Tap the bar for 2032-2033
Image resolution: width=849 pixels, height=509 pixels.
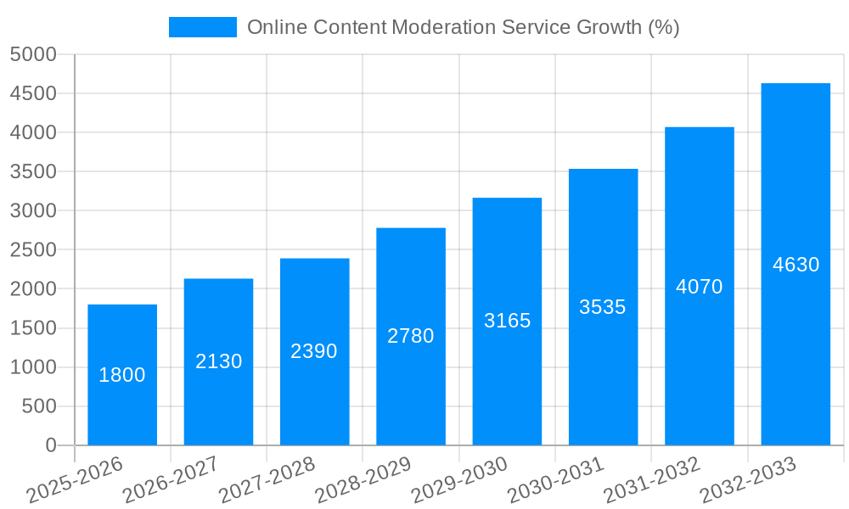(x=796, y=339)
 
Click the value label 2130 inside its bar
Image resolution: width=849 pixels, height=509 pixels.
(x=219, y=361)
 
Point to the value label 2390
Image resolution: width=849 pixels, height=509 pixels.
(x=314, y=351)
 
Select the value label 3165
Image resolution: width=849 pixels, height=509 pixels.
(x=507, y=321)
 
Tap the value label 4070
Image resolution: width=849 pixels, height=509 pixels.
(x=699, y=287)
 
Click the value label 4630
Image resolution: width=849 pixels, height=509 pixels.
(x=796, y=265)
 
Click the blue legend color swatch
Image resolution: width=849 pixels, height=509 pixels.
(x=203, y=27)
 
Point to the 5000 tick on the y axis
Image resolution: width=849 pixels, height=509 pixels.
(x=33, y=54)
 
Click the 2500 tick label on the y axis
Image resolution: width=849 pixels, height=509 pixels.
(x=33, y=250)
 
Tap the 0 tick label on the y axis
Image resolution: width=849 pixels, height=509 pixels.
(x=50, y=445)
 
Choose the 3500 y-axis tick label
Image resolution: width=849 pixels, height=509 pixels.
(x=33, y=171)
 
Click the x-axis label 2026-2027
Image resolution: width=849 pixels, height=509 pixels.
(x=171, y=480)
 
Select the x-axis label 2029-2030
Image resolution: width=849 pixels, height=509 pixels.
(x=459, y=480)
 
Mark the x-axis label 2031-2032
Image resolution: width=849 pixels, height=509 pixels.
(x=652, y=480)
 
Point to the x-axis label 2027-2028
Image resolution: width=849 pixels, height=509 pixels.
(x=267, y=480)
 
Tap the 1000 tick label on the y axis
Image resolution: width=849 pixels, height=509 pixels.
(x=33, y=367)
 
